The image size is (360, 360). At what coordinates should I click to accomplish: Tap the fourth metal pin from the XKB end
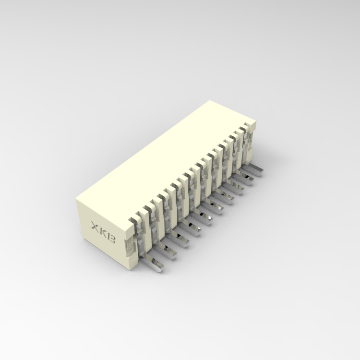[x=192, y=227]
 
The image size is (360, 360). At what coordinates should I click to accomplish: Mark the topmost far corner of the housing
[x=210, y=101]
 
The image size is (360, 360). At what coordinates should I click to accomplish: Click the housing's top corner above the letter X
[x=77, y=200]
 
